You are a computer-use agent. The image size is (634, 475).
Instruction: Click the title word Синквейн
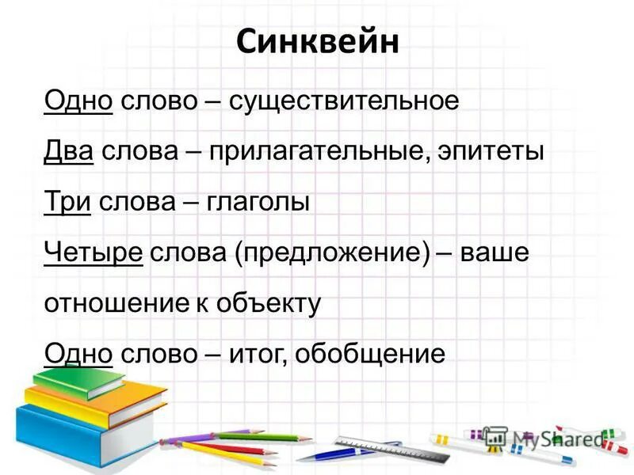317,42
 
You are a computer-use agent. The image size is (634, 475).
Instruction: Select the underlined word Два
70,151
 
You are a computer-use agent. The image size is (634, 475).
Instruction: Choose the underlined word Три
68,202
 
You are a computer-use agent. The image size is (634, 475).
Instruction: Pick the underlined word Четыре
94,253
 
